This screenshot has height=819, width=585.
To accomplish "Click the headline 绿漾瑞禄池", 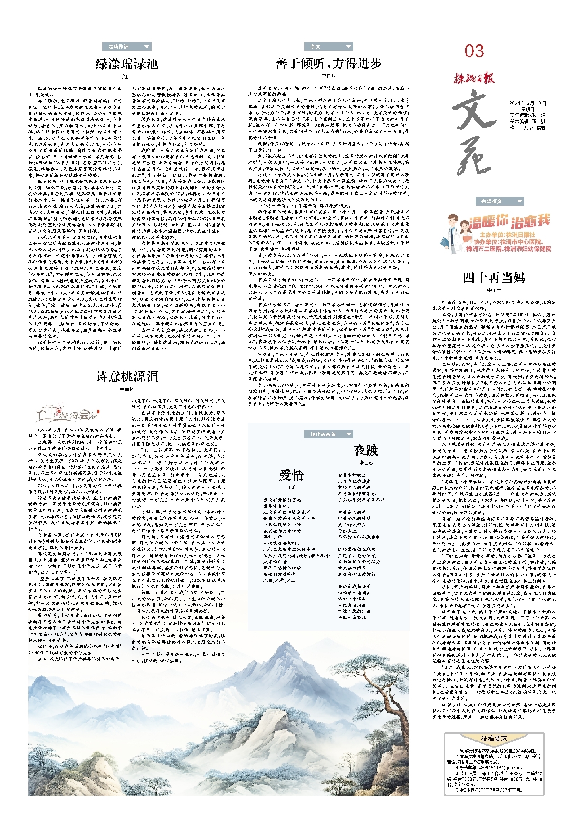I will (x=127, y=63).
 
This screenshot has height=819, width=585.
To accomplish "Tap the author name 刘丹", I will (x=127, y=76).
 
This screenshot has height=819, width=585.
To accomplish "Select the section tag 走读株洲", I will (x=119, y=47).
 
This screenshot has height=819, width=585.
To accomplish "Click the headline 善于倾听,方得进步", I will (x=328, y=63).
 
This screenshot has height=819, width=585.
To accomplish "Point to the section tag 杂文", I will (x=316, y=47).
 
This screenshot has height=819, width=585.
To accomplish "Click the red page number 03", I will (x=474, y=51).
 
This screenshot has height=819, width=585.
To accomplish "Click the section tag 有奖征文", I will (x=492, y=201).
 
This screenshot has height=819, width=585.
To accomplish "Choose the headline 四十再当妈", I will (x=494, y=277).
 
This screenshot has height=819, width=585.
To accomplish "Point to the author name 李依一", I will (x=494, y=290).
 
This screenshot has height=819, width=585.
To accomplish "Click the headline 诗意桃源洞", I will (x=127, y=376).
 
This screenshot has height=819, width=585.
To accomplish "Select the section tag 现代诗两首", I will (x=323, y=434).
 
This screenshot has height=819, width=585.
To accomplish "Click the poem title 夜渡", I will (x=366, y=450).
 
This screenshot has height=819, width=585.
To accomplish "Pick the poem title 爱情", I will (x=292, y=475).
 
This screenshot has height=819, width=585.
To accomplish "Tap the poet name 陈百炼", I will (x=366, y=463).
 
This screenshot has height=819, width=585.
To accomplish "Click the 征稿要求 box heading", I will (x=494, y=738).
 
